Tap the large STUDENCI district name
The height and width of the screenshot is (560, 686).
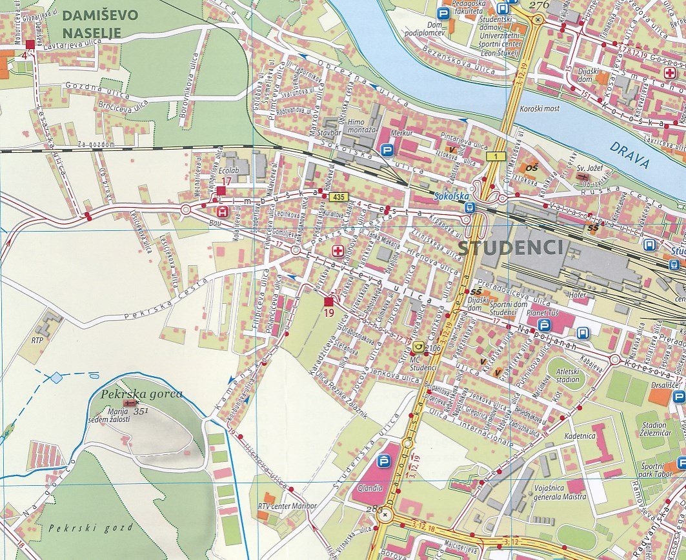point(510,247)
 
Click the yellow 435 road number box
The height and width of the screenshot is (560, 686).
point(338,195)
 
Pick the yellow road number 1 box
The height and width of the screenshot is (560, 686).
point(495,157)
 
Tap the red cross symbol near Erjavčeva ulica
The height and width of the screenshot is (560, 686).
point(336,250)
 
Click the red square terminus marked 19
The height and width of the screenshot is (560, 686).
point(328,302)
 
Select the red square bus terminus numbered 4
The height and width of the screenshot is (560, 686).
point(30,44)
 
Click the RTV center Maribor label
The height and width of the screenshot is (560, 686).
point(287,505)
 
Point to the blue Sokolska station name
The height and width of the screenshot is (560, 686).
point(450,195)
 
